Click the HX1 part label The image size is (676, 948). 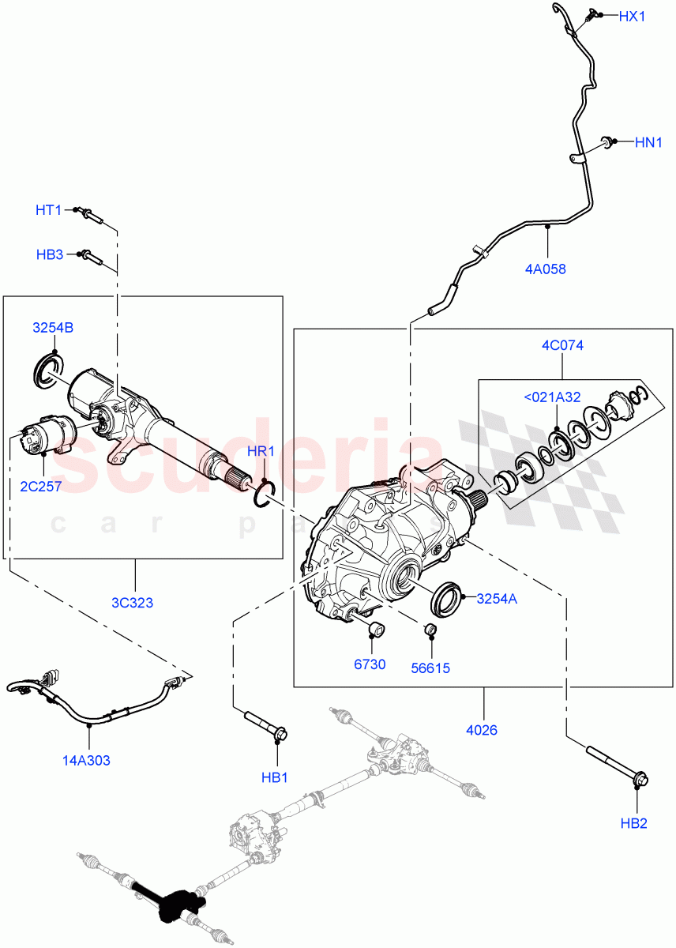coord(631,16)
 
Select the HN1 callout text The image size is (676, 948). coord(648,142)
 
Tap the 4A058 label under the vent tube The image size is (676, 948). coord(545,269)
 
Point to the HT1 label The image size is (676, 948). coord(48,210)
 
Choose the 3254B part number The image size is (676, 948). coord(53,328)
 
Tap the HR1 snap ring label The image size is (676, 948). coord(261,451)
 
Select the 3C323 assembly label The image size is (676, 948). coord(133,603)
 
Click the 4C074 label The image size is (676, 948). coord(562,345)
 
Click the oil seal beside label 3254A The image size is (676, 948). coord(447,598)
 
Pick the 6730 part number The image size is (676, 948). coord(369,664)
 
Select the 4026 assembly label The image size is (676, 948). coord(482,730)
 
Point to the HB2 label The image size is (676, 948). coord(633,824)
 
